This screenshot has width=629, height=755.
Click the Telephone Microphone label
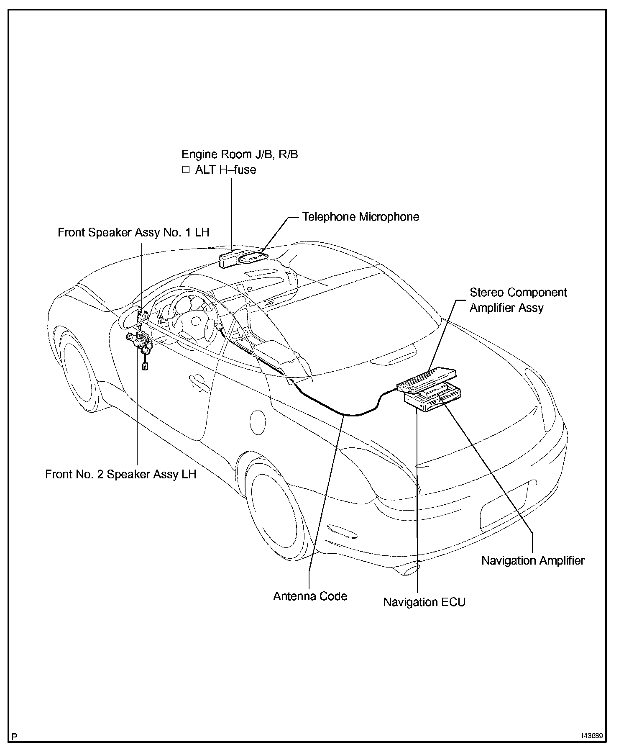[x=361, y=217]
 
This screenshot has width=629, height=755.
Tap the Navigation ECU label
[x=424, y=602]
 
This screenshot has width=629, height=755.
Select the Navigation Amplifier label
[x=532, y=560]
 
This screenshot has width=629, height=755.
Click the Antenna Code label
[x=310, y=596]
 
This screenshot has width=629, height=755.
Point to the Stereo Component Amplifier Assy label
[x=518, y=300]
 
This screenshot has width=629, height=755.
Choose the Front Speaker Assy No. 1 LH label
[x=133, y=232]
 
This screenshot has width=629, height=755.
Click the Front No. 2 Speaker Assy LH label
[x=120, y=474]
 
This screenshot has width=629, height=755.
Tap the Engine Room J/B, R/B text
[x=240, y=154]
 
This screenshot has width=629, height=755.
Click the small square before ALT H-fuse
[x=186, y=170]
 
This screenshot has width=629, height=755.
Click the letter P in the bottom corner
[x=15, y=737]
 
